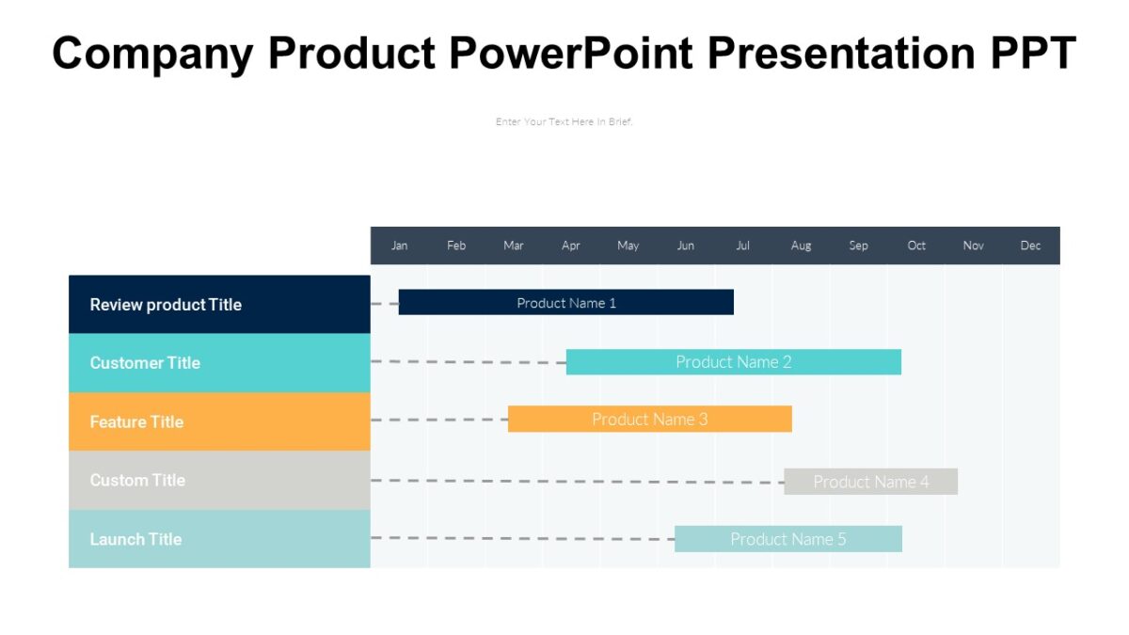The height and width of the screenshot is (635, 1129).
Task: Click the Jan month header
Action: (400, 246)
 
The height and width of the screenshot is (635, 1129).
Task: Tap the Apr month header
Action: (571, 246)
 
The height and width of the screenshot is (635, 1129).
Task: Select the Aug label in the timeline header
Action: (801, 246)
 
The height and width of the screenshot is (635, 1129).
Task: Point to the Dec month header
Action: (1030, 246)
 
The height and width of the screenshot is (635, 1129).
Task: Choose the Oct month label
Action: (916, 246)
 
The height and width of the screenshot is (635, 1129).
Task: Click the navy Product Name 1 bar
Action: (565, 302)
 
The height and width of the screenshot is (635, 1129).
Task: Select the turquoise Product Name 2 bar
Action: (733, 362)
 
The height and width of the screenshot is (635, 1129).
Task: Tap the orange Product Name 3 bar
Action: (649, 420)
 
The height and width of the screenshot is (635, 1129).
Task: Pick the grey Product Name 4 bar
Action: (870, 482)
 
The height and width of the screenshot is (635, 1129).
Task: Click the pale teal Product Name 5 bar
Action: (787, 539)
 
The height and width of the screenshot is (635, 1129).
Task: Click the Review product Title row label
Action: (166, 305)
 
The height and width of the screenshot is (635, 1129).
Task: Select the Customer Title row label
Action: (145, 363)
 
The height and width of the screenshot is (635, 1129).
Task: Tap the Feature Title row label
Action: (136, 421)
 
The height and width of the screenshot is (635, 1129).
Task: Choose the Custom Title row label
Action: (137, 480)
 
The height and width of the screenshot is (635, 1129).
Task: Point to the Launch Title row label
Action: (135, 539)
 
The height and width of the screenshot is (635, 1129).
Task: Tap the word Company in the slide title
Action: (152, 53)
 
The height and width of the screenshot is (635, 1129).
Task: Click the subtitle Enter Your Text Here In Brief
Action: (564, 121)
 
